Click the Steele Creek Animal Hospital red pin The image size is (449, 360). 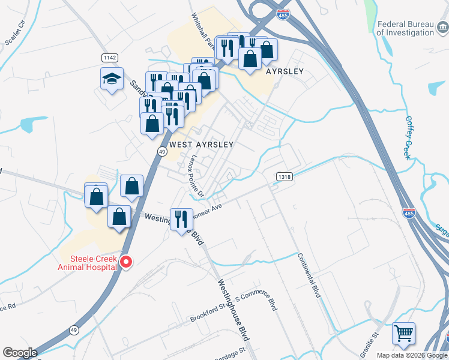pyautogui.click(x=126, y=262)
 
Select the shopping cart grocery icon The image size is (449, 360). pyautogui.click(x=403, y=333)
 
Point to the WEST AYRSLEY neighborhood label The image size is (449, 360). pyautogui.click(x=200, y=145)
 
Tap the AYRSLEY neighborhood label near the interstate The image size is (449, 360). pyautogui.click(x=285, y=71)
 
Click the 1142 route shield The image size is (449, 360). pyautogui.click(x=109, y=57)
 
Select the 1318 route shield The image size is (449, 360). pyautogui.click(x=285, y=176)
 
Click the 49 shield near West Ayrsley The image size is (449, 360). pyautogui.click(x=162, y=152)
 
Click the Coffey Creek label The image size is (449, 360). pyautogui.click(x=409, y=137)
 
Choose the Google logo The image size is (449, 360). pyautogui.click(x=20, y=352)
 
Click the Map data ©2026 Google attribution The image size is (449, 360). pyautogui.click(x=411, y=355)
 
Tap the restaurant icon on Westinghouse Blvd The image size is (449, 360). pyautogui.click(x=180, y=219)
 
